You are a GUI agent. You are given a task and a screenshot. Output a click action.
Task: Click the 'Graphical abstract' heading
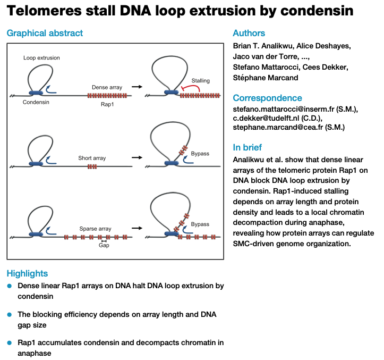tap(45, 33)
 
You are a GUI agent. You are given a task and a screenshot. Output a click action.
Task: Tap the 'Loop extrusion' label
tap(41, 57)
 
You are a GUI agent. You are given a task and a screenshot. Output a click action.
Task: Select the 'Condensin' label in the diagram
tap(36, 102)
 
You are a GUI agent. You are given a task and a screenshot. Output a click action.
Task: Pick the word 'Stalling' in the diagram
tap(201, 81)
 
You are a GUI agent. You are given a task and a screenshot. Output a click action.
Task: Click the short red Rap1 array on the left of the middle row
tap(92, 167)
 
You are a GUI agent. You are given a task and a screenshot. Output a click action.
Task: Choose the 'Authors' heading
tap(249, 33)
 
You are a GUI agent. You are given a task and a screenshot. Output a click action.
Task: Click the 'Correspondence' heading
tap(268, 98)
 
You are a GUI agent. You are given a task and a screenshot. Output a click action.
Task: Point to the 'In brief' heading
tap(247, 147)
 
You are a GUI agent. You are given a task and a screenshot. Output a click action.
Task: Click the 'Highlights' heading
tap(27, 273)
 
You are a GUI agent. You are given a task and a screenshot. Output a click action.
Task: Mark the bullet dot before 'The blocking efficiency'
tap(10, 314)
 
